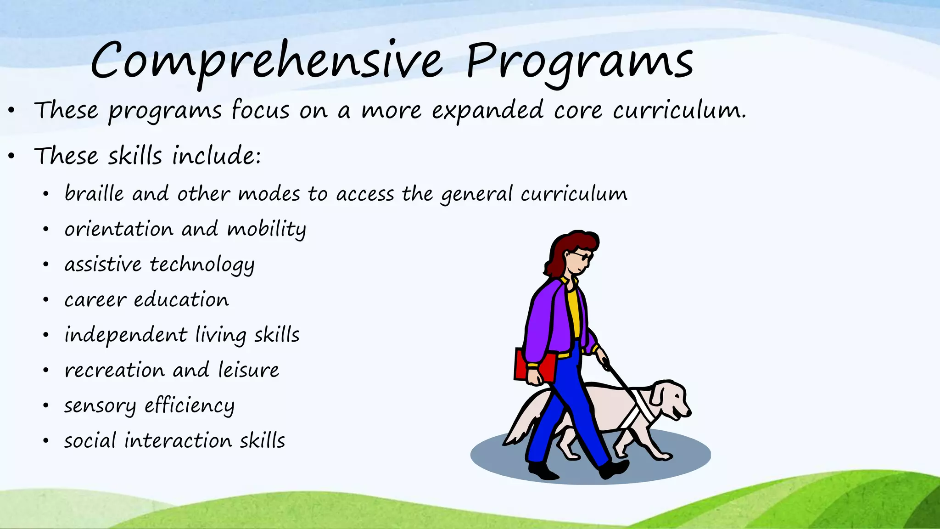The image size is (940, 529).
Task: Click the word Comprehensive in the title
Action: tap(266, 62)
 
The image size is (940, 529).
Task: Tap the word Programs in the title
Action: tap(579, 62)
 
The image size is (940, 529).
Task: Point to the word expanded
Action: tap(487, 111)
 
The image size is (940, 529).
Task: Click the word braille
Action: tap(94, 193)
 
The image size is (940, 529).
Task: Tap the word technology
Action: tap(202, 265)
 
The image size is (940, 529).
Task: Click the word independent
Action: tap(126, 335)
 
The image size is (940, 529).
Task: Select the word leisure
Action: tap(248, 370)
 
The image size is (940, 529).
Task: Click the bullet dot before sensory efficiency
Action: tap(46, 405)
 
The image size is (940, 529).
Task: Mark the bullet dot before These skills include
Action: tap(12, 156)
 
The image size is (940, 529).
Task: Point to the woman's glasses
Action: tap(580, 256)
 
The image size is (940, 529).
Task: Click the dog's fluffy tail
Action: tap(523, 420)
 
